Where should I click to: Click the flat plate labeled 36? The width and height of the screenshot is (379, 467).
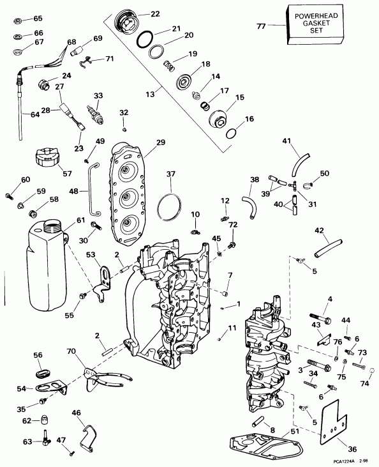tap(331, 424)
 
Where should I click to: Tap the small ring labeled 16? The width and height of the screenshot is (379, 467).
tap(231, 132)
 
